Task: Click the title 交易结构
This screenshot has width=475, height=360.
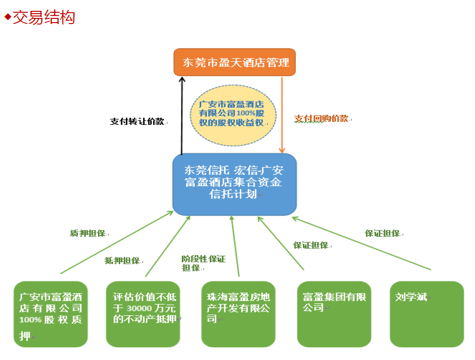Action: [44, 17]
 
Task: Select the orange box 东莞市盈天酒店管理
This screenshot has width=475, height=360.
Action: [235, 62]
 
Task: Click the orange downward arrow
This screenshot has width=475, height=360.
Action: [282, 115]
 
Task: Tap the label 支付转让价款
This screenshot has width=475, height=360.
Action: [137, 121]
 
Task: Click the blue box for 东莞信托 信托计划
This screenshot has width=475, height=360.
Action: [234, 184]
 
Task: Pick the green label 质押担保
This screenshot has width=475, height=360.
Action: [87, 233]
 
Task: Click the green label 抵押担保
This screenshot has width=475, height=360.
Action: [122, 261]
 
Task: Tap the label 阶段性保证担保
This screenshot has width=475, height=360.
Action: [203, 263]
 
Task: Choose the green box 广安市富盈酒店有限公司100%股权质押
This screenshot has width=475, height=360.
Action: [50, 314]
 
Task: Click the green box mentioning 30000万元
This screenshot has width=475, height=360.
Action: [143, 314]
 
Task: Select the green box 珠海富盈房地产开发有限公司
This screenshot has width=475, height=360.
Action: [238, 314]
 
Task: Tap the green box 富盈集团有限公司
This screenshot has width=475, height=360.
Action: [334, 314]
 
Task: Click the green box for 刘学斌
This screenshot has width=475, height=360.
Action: [426, 314]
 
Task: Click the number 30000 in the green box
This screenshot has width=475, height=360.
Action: [139, 308]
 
